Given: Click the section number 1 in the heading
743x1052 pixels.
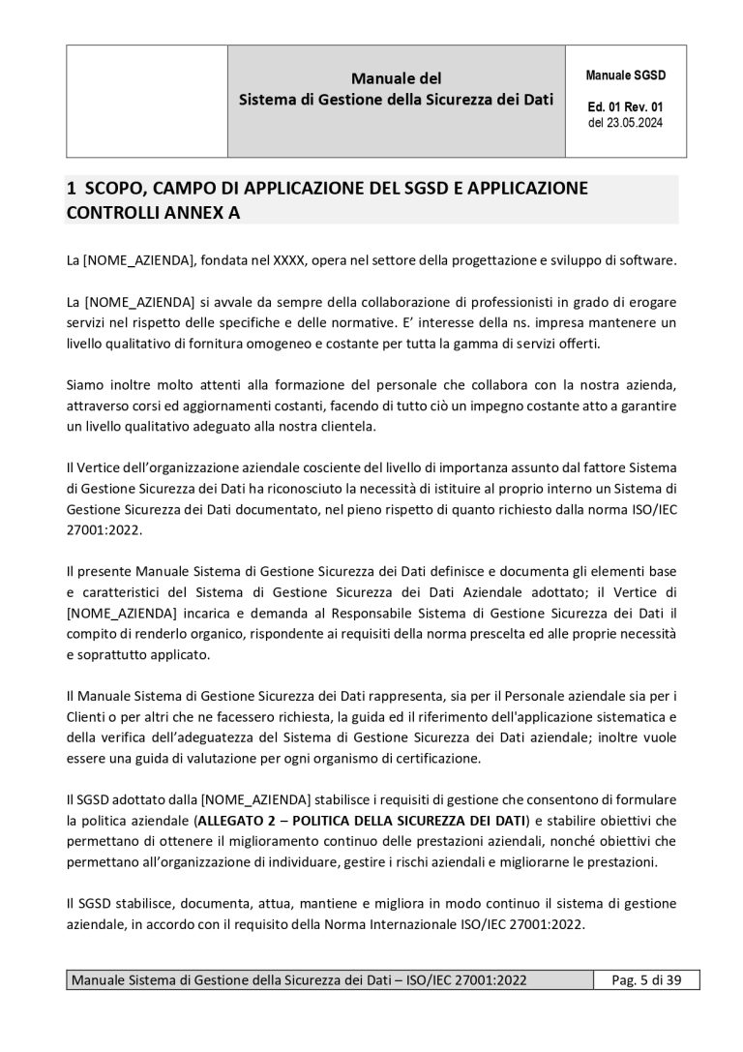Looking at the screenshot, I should [71, 188].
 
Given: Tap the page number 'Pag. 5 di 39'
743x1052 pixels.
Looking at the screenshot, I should [647, 980].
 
